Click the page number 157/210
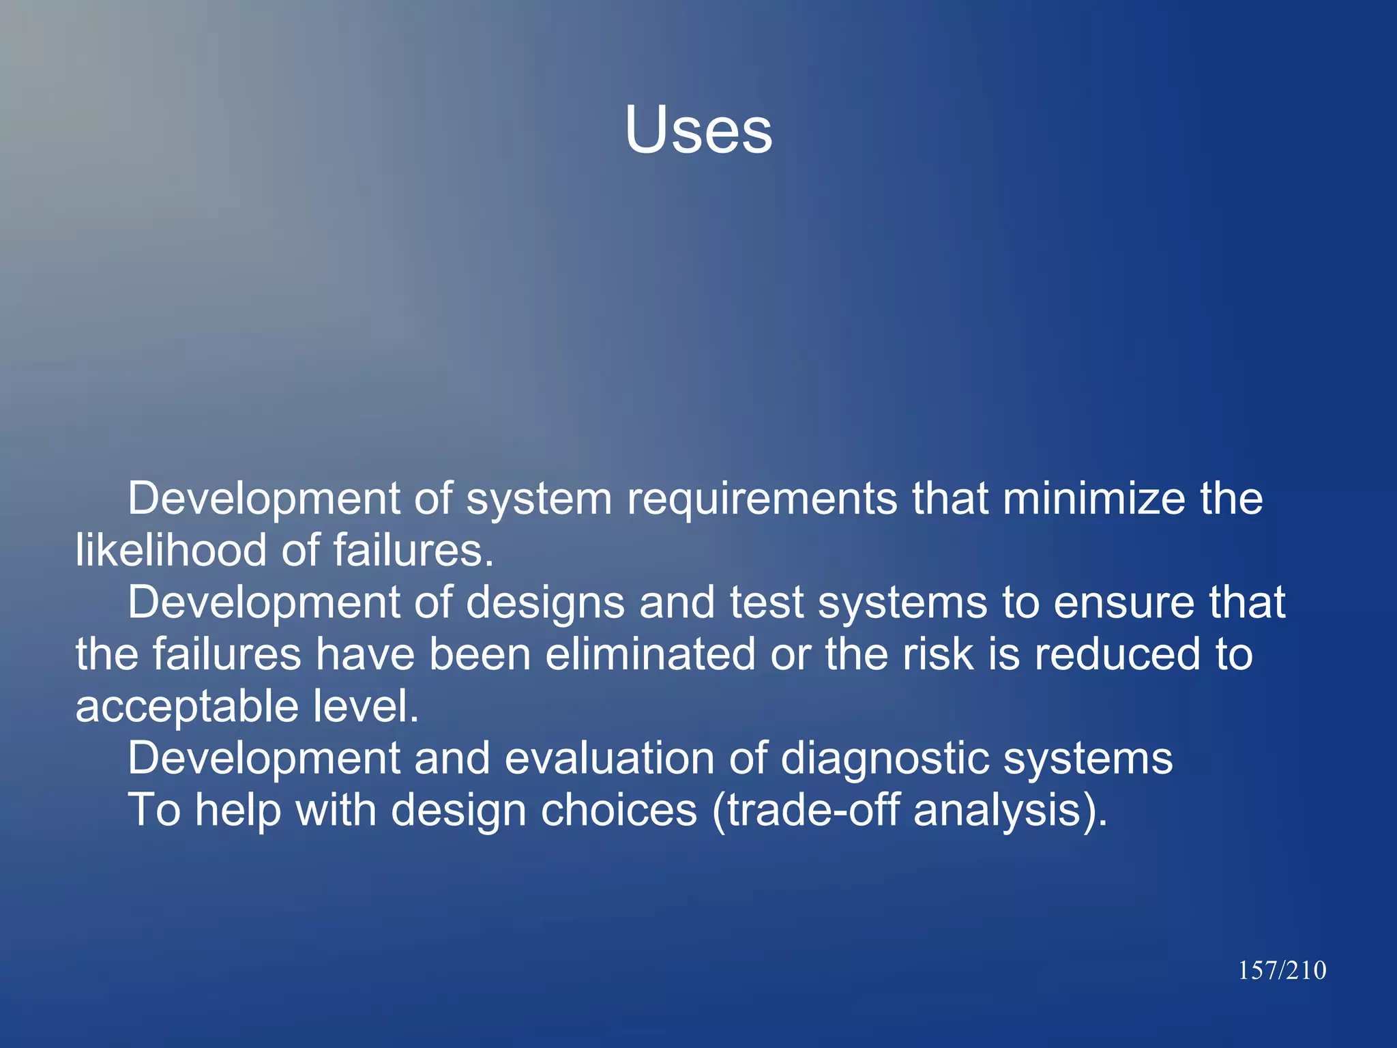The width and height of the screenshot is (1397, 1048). coord(1282,970)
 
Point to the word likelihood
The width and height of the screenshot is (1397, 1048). coord(171,550)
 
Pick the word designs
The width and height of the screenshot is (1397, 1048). coord(545,603)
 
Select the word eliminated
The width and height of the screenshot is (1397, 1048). coord(650,654)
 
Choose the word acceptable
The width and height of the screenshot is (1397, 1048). coord(186,707)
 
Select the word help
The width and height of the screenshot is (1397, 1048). coord(237,811)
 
